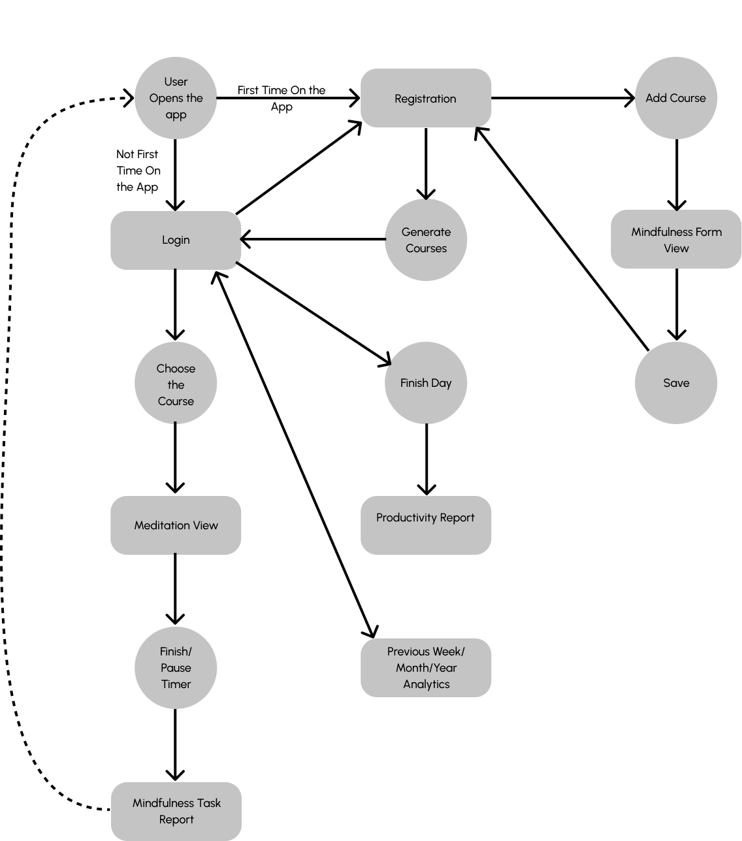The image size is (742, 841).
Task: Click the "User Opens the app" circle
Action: coord(176,98)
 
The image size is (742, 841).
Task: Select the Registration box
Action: coord(426,98)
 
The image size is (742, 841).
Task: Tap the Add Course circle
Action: coord(676,98)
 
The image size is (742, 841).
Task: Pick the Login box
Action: coord(176,240)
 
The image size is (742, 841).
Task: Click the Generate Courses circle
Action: coord(426,240)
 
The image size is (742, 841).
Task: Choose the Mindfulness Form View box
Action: coord(676,239)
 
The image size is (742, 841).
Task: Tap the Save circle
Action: coord(676,383)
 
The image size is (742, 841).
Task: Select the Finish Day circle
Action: coord(426,383)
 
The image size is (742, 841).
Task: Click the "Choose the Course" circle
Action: coord(176,383)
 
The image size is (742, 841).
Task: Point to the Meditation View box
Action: coord(176,525)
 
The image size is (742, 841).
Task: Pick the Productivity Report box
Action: coord(426,525)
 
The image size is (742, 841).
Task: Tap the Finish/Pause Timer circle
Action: coord(176,668)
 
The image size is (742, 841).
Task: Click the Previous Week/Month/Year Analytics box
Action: coord(426,668)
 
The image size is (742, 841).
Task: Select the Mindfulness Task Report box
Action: coord(176,812)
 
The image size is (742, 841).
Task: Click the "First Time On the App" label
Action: coord(282,99)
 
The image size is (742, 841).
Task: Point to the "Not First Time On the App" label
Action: coord(138,171)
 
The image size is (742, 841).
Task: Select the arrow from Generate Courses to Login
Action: coord(313,239)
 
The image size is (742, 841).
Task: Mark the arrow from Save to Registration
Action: coord(562,239)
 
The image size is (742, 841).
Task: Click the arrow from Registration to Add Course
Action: coord(563,98)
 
